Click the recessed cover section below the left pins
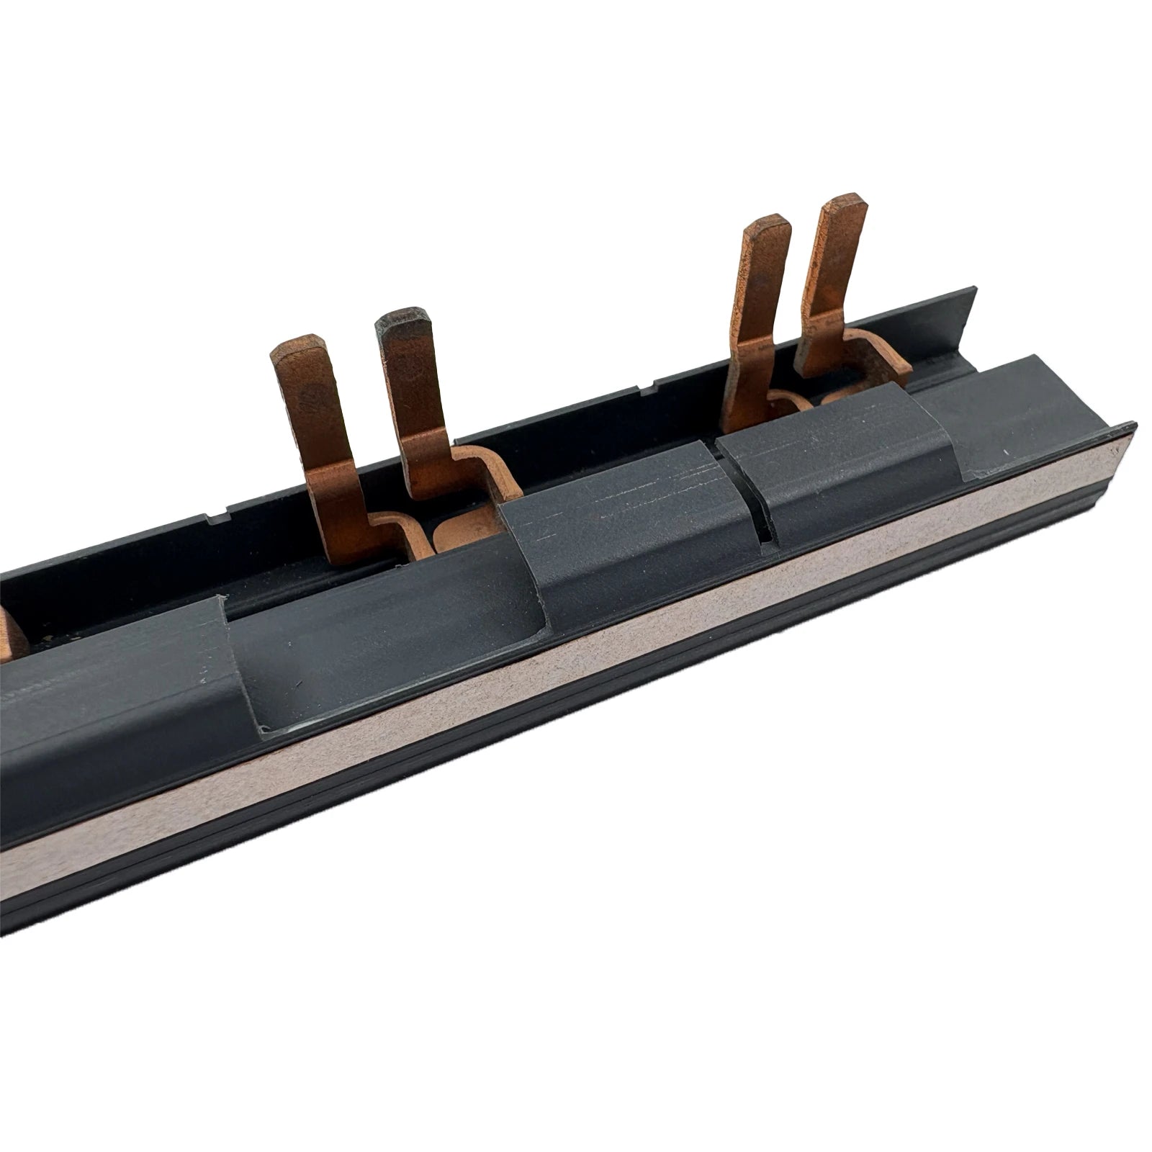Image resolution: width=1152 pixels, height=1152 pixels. tap(389, 648)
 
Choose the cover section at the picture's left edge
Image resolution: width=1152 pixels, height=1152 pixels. tap(94, 691)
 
